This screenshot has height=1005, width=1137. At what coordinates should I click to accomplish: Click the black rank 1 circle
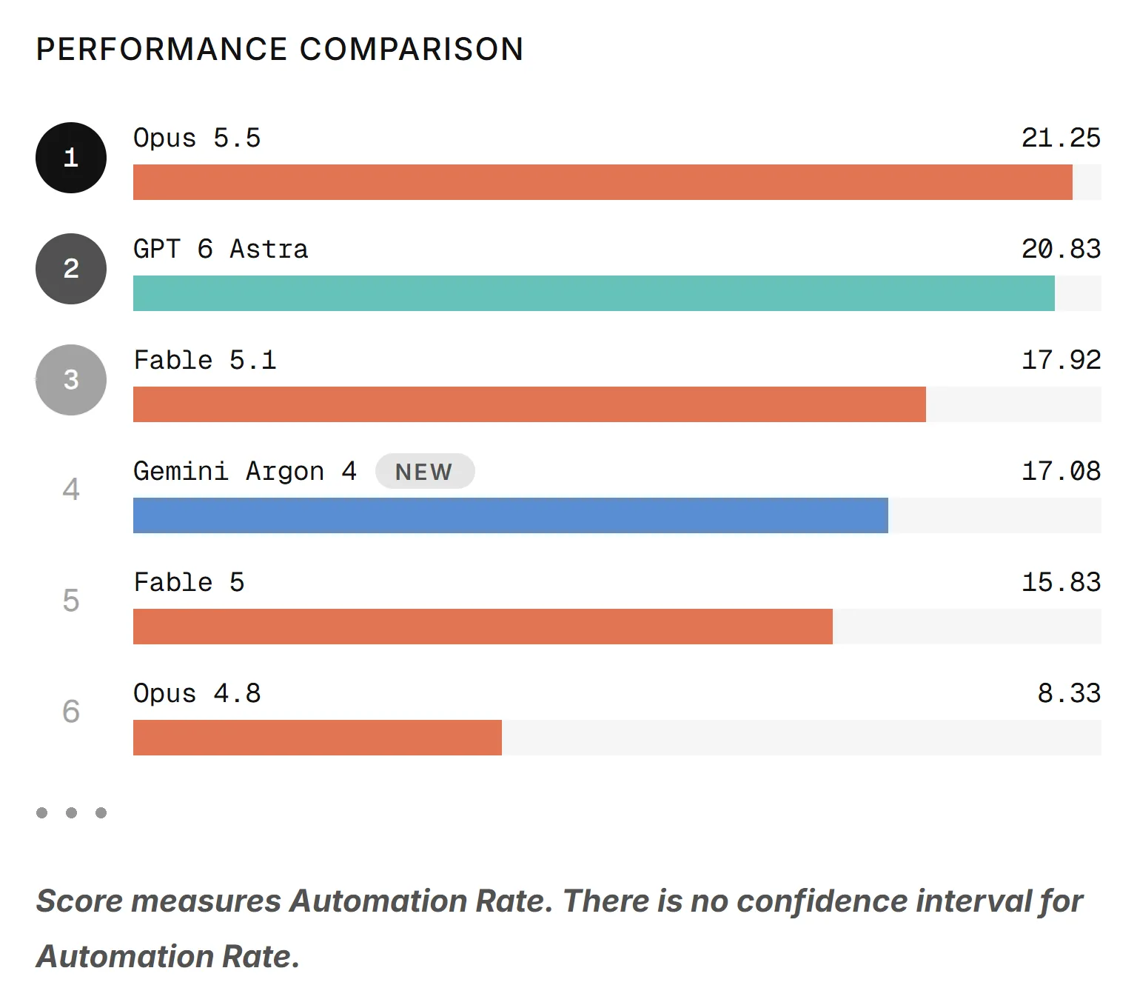pos(71,158)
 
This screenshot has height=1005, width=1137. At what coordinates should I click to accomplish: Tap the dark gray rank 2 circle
pos(71,269)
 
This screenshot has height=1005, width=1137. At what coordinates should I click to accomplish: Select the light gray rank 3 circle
pos(71,380)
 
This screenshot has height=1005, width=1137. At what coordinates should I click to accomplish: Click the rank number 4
pos(71,490)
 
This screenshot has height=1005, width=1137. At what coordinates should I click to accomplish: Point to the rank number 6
pos(71,712)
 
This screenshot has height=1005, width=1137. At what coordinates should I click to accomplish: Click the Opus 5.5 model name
pos(197,138)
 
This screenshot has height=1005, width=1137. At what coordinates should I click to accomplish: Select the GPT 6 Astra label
pos(221,249)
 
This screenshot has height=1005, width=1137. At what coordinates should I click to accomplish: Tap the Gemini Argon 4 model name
pos(245,472)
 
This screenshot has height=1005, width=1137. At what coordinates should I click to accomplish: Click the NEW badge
pos(424,472)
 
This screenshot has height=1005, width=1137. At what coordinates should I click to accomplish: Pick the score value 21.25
pos(1061,138)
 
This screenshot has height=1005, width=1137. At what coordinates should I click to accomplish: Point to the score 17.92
pos(1061,361)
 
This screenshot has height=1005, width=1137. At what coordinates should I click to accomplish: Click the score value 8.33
pos(1069,693)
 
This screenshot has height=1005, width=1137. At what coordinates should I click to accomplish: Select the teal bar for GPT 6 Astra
pos(594,293)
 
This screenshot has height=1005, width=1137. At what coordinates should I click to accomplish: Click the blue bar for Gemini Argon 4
pos(511,515)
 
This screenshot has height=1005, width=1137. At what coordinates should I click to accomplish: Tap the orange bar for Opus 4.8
pos(317,738)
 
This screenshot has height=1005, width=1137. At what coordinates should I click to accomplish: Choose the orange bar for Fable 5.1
pos(529,404)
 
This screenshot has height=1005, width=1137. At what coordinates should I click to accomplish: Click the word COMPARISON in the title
pos(412,50)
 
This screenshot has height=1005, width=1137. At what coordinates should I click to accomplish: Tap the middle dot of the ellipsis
pos(71,812)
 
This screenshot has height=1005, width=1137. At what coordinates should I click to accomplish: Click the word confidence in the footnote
pos(822,902)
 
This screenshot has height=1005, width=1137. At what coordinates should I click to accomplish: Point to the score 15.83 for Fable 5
pos(1061,582)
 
